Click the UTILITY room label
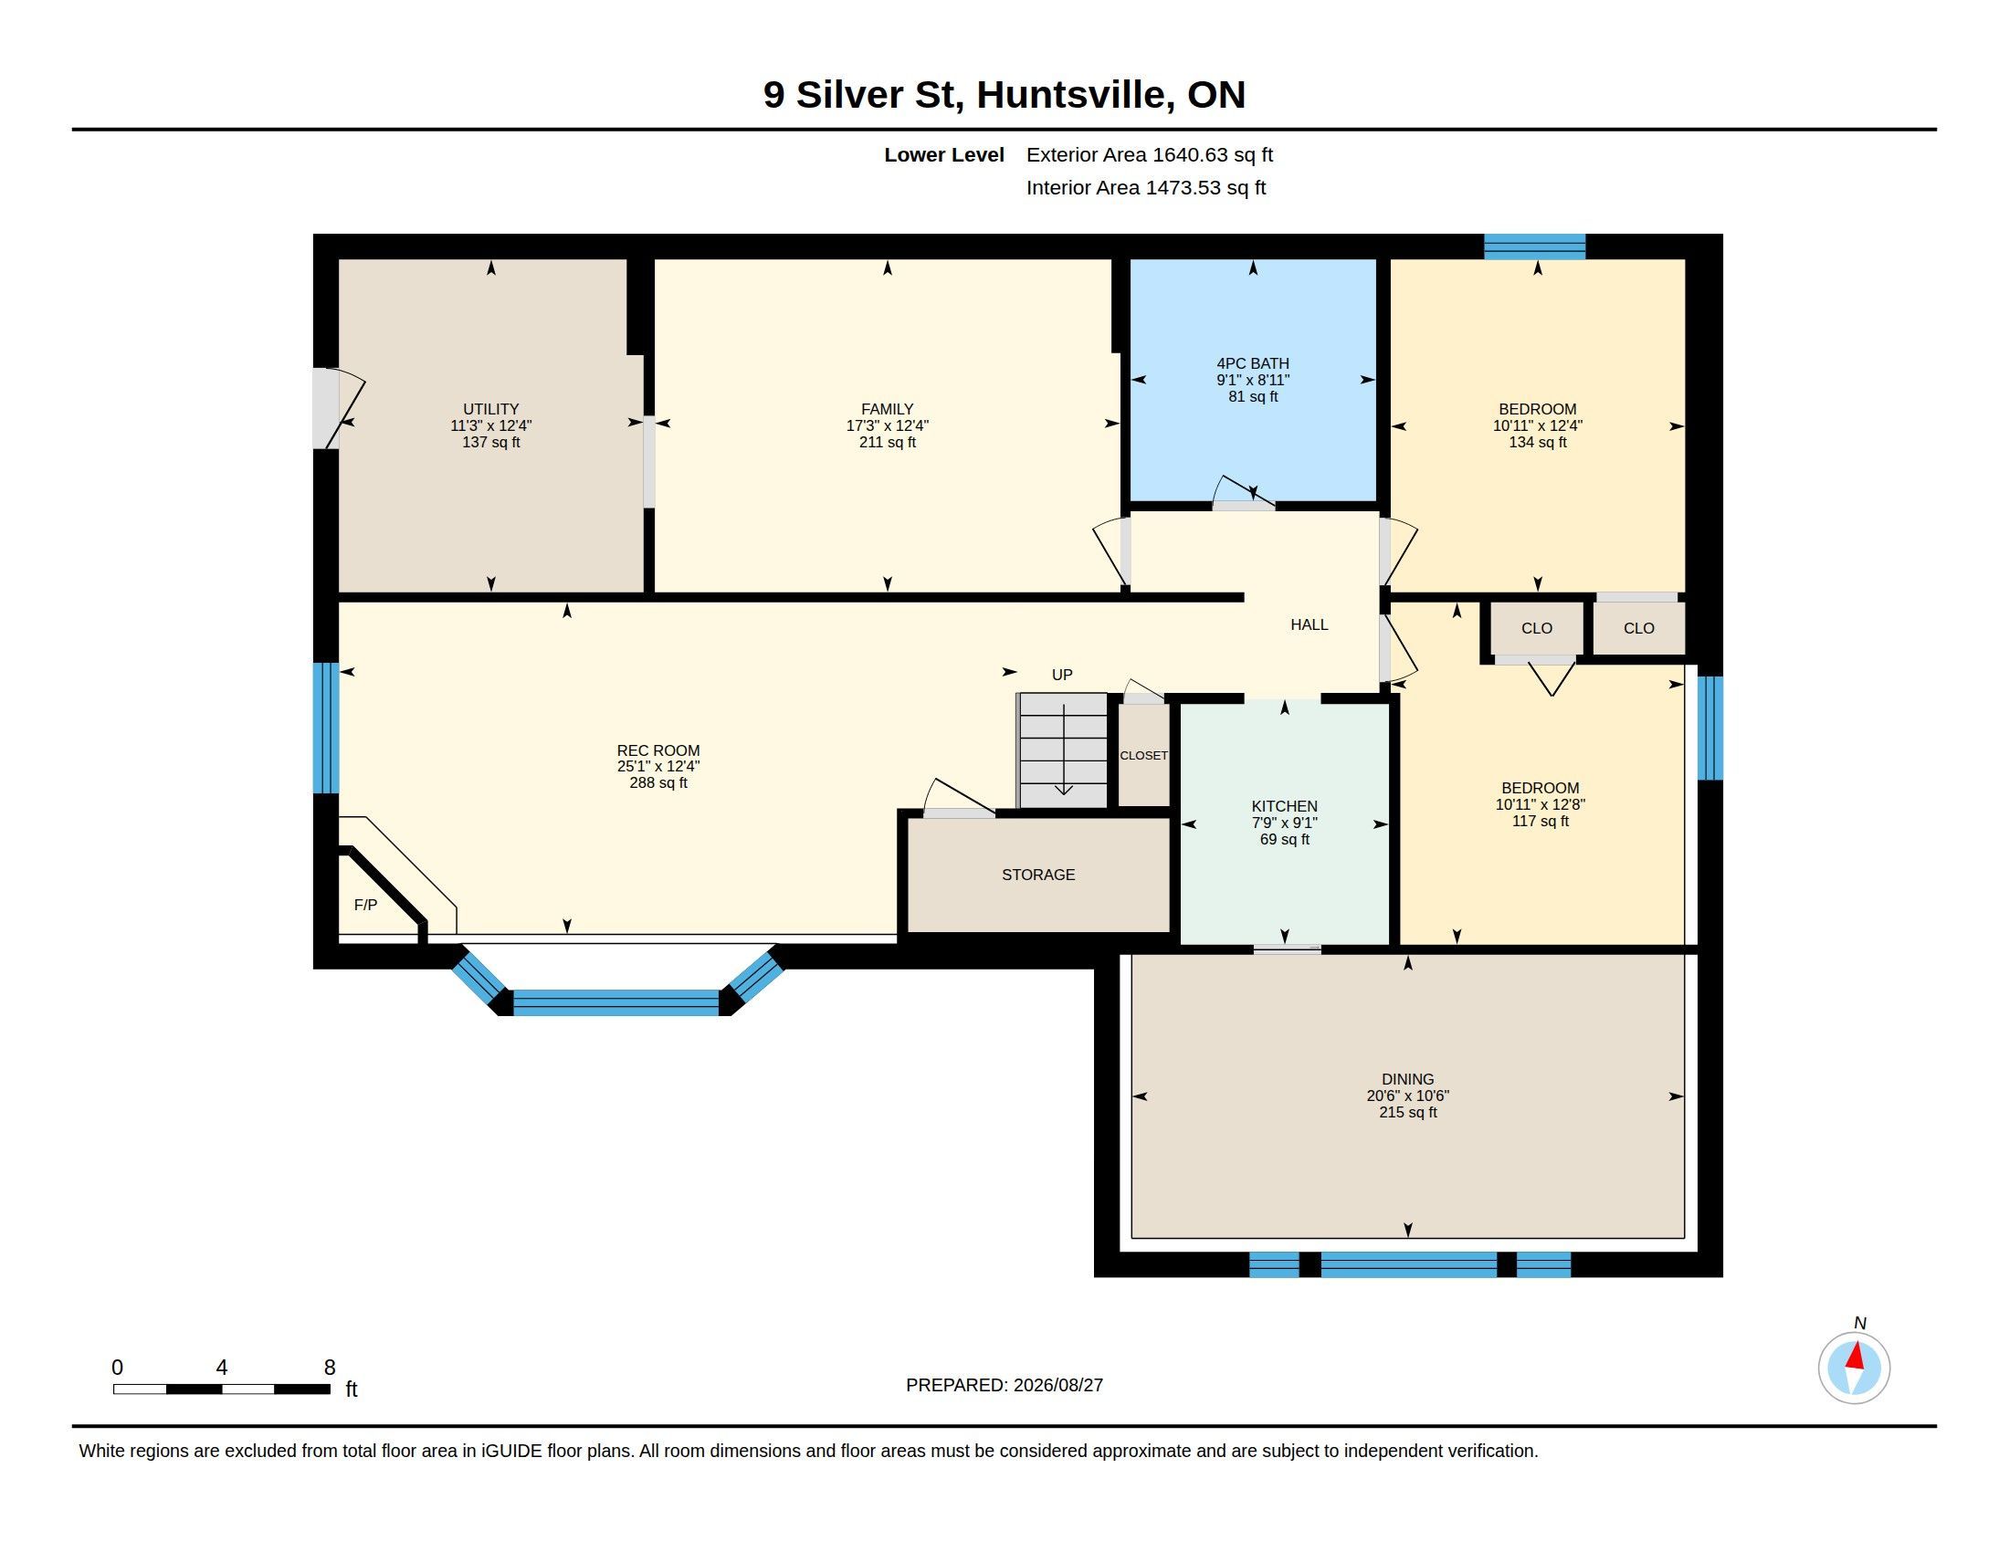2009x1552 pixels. [x=490, y=409]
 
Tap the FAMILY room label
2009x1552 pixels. [x=887, y=409]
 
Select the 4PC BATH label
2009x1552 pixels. [x=1253, y=363]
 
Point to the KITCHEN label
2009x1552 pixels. [x=1284, y=806]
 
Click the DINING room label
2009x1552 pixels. [x=1407, y=1079]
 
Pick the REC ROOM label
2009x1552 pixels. [x=657, y=750]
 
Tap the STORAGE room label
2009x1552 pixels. [x=1037, y=875]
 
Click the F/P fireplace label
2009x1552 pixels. [x=365, y=905]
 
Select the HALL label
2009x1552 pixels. [x=1309, y=624]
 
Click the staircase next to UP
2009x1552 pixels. [x=1062, y=750]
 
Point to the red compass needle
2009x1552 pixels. [x=1856, y=1356]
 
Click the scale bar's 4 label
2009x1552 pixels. [x=222, y=1368]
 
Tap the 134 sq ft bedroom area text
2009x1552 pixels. [x=1537, y=442]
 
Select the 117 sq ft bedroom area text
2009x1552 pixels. [x=1540, y=821]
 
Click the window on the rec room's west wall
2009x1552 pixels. [x=326, y=729]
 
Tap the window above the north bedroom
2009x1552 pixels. [x=1534, y=246]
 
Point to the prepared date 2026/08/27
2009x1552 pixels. [x=1057, y=1385]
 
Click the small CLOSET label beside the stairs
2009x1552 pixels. [x=1143, y=755]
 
